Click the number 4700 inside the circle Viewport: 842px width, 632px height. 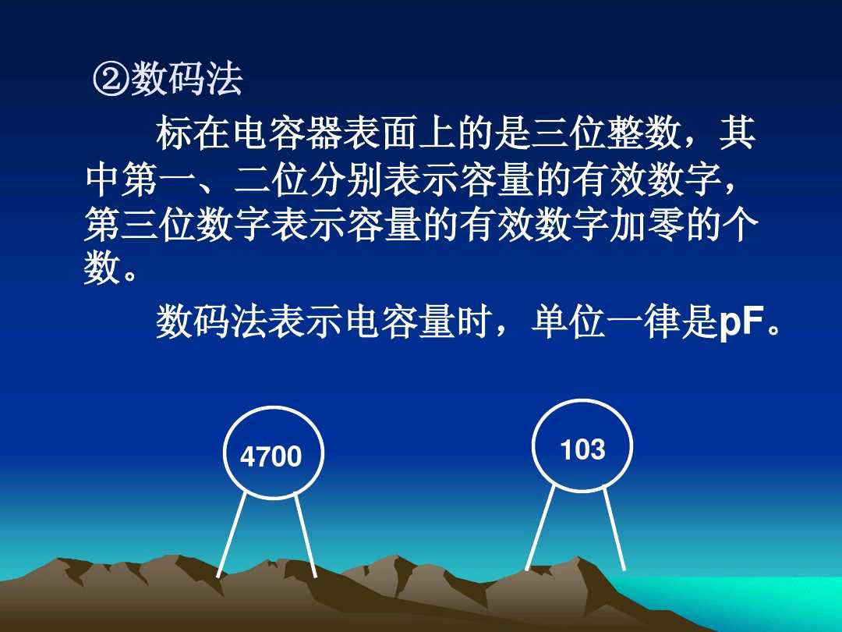271,457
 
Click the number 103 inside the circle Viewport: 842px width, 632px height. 583,449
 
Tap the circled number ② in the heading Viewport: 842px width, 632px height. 110,80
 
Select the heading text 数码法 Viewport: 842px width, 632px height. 186,80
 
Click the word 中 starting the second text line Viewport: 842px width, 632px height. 102,181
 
